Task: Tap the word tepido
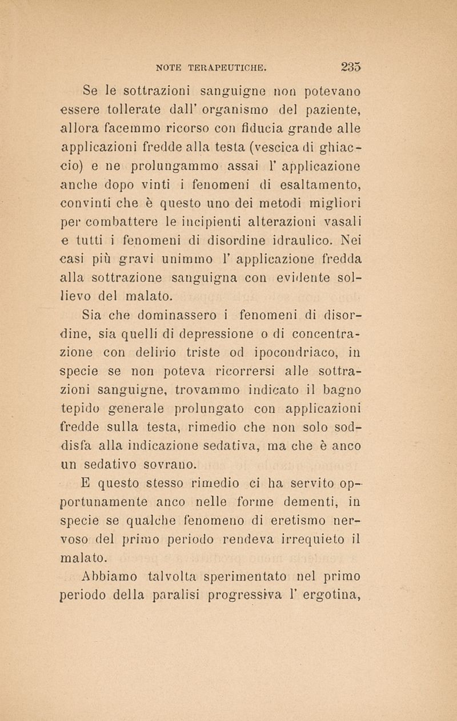tap(81, 405)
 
